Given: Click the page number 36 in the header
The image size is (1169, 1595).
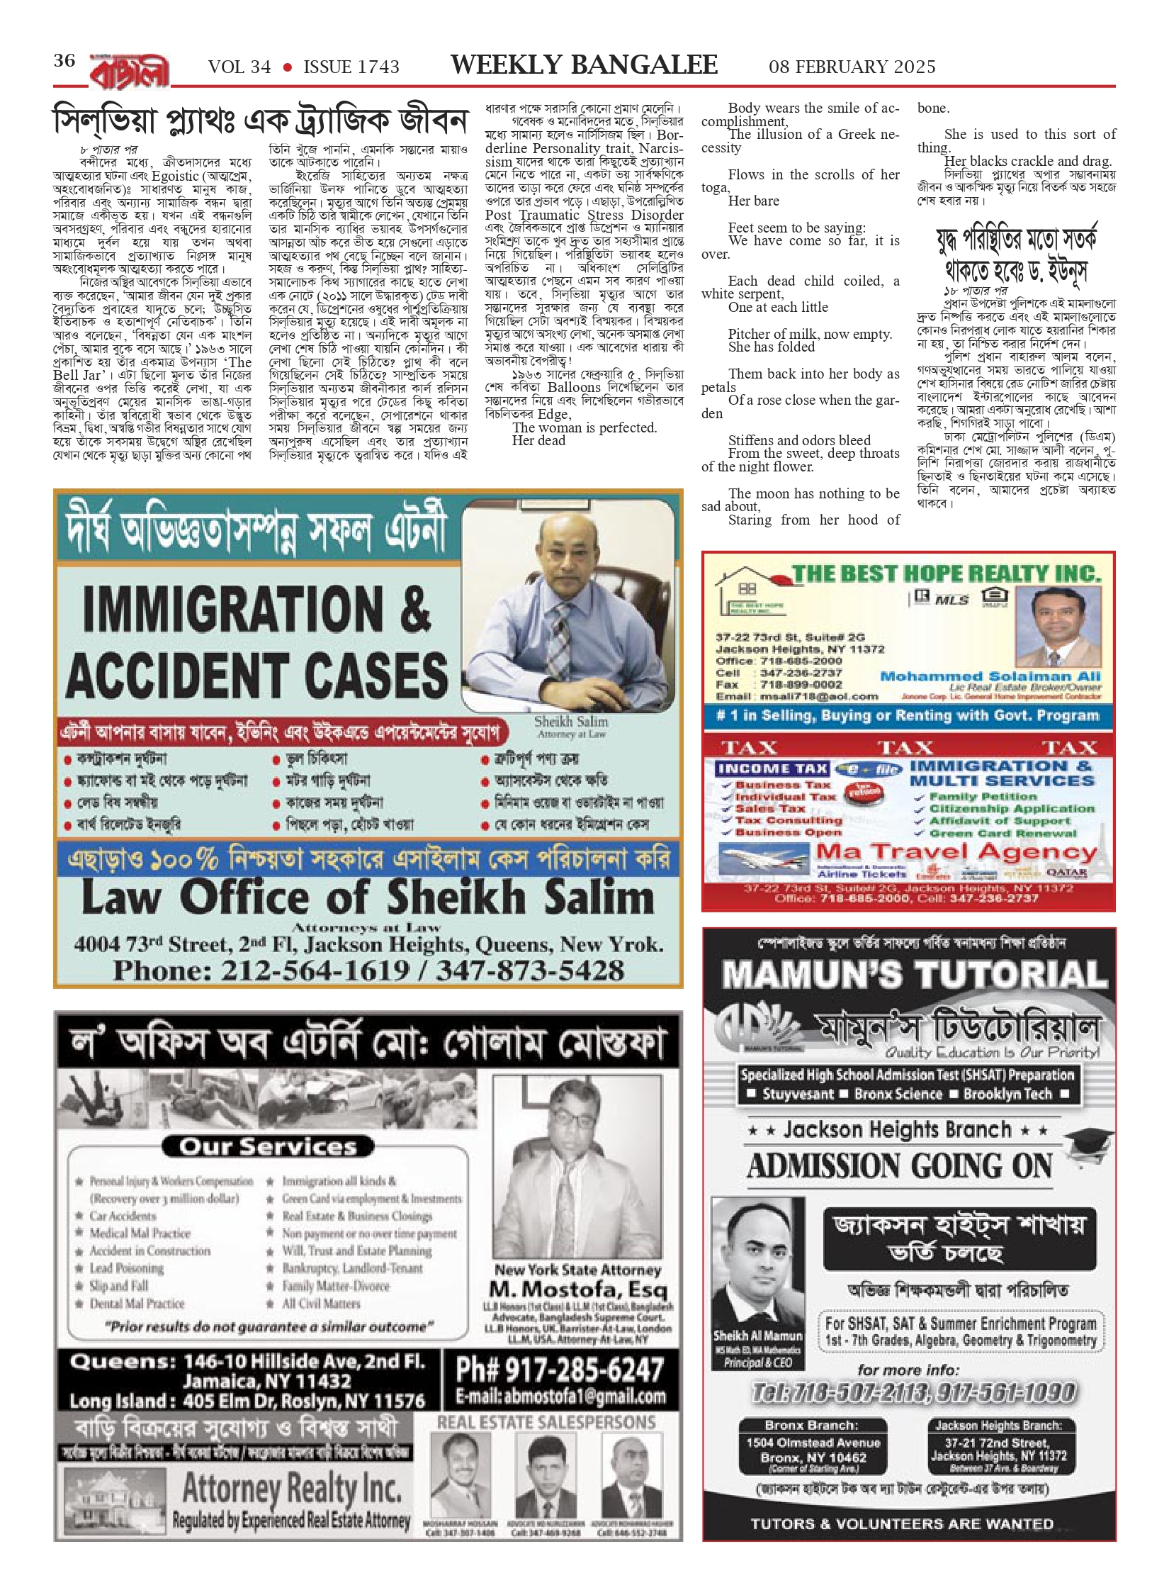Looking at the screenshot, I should pyautogui.click(x=64, y=61).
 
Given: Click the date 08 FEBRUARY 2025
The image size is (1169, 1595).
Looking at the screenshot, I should pyautogui.click(x=852, y=67).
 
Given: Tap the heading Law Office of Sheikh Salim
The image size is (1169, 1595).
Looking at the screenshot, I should pyautogui.click(x=368, y=897).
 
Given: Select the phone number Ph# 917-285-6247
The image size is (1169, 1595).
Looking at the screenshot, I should pyautogui.click(x=560, y=1370).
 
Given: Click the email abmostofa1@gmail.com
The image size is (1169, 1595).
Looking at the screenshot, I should pyautogui.click(x=560, y=1397).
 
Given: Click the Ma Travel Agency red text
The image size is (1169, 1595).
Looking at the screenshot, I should pyautogui.click(x=956, y=852).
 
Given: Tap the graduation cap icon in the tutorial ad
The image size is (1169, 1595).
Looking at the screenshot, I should pyautogui.click(x=1088, y=1142).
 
